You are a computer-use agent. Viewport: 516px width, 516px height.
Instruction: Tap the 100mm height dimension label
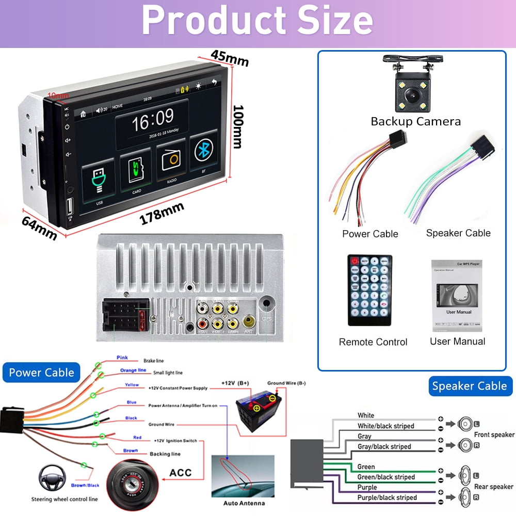pos(238,126)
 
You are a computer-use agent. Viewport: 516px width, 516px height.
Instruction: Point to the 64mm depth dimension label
pos(39,227)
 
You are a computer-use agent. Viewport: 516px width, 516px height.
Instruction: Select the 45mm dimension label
pos(230,58)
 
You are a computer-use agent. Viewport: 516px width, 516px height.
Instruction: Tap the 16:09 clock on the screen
pos(153,120)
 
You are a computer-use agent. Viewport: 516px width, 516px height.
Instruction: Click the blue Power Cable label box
pos(41,373)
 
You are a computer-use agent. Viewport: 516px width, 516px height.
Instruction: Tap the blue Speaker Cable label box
pos(469,386)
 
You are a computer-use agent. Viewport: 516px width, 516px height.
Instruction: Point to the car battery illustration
pos(258,406)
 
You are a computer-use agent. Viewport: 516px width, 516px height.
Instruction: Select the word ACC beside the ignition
pos(180,473)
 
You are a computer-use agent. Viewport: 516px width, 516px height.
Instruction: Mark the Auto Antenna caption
pos(244,503)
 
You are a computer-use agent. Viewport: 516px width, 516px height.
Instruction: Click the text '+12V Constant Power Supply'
pos(178,388)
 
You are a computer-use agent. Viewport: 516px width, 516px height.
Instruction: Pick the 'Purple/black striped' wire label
pos(387,497)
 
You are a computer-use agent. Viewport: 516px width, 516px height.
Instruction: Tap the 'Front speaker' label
pos(494,435)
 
